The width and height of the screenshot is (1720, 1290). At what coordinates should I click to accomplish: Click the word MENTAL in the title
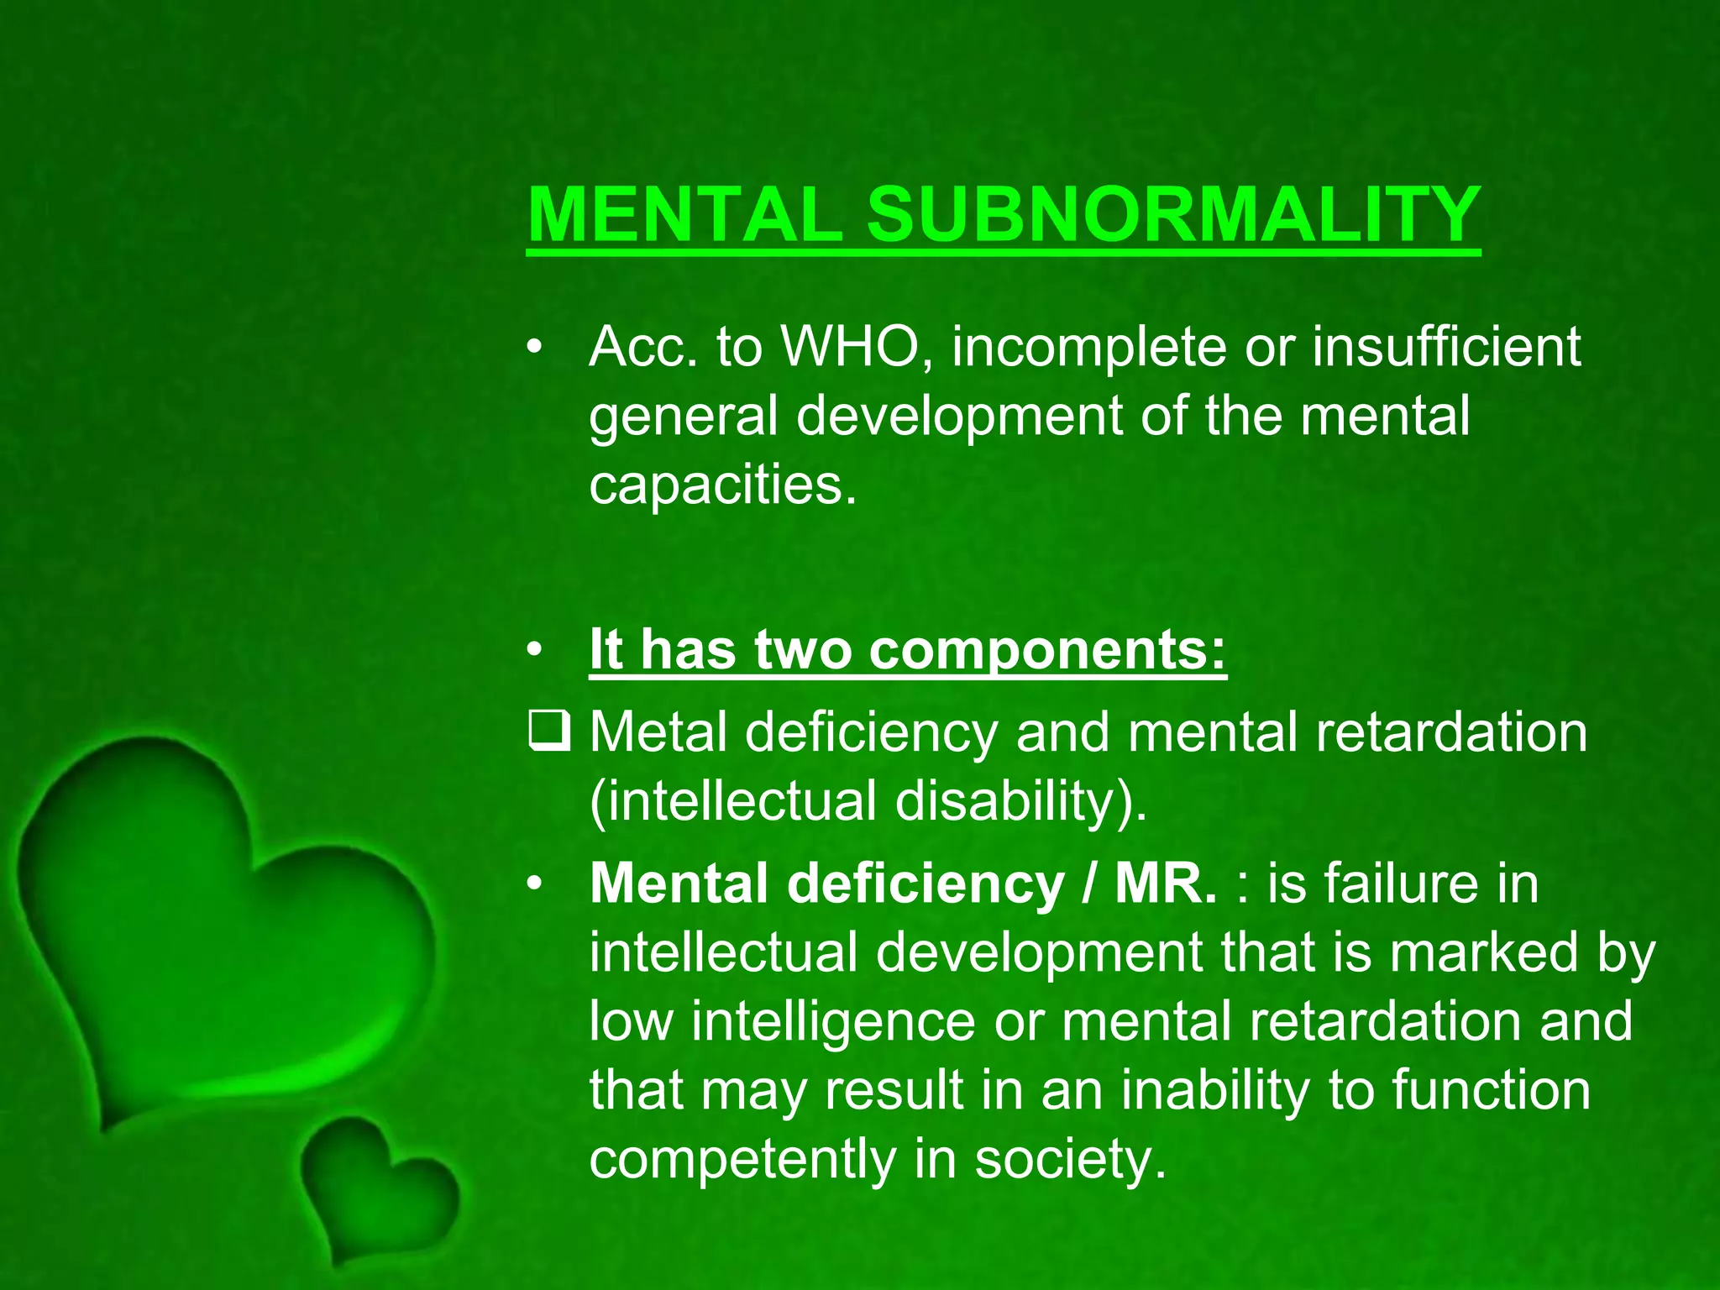(x=684, y=214)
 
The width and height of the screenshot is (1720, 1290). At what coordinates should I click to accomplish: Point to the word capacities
(x=722, y=485)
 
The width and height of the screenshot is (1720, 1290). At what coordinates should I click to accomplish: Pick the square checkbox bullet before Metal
(x=549, y=731)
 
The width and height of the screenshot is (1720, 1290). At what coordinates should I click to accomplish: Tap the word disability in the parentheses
(x=1012, y=800)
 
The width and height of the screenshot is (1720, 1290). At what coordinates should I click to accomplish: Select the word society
(x=1070, y=1160)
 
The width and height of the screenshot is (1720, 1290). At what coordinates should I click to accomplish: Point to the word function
(x=1491, y=1090)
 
